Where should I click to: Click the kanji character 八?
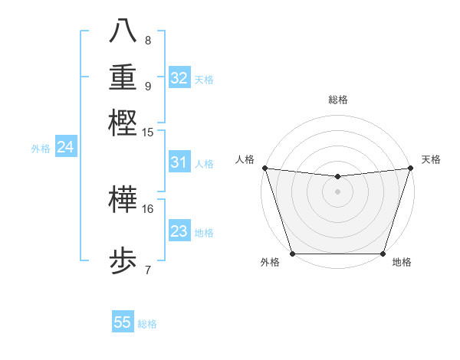123,31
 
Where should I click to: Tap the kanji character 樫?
123,123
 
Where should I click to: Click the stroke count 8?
147,40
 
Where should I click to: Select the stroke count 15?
148,132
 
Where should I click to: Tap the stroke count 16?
148,208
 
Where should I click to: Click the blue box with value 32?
179,78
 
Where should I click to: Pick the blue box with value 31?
179,162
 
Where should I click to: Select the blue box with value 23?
179,231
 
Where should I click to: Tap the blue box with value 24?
65,147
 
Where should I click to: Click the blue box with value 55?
123,322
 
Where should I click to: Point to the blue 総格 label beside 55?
147,324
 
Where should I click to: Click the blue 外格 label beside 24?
41,149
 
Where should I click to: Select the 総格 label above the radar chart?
337,100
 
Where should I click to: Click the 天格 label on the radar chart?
431,159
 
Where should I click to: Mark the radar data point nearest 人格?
264,168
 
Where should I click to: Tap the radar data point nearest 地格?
383,254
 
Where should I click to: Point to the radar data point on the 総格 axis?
337,177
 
